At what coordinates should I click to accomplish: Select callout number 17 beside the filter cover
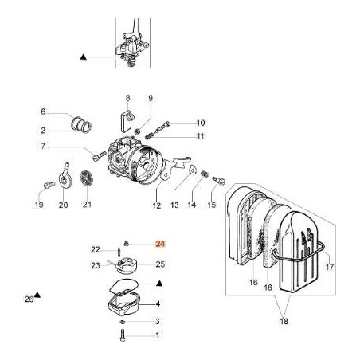click(x=330, y=267)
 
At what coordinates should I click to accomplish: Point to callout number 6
click(x=44, y=112)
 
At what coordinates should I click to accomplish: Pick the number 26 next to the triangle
click(x=29, y=299)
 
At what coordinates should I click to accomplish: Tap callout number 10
click(x=201, y=123)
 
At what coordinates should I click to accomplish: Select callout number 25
click(x=159, y=264)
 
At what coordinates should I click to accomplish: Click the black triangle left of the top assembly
click(x=83, y=57)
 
